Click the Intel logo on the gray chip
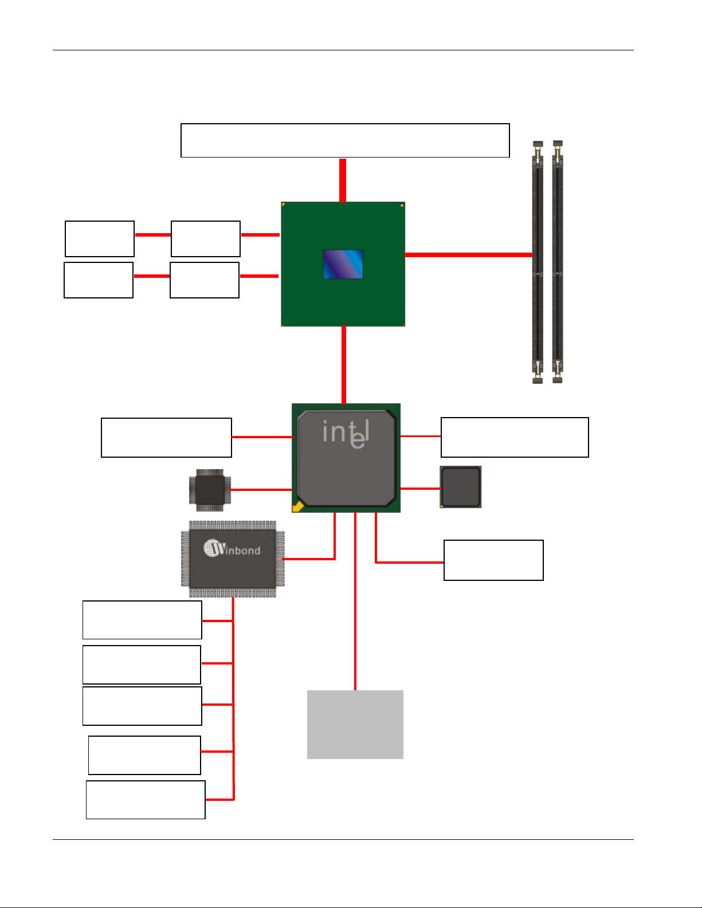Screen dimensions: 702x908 point(346,434)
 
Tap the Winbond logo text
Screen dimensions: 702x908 point(232,548)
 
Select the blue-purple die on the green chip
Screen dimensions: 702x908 point(343,264)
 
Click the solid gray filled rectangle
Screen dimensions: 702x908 point(355,724)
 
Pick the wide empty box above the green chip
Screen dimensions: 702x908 point(345,140)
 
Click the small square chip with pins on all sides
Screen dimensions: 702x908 point(210,490)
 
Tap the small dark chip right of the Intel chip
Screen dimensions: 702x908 point(461,487)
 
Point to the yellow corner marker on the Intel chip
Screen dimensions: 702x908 point(297,506)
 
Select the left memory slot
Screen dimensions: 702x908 point(538,262)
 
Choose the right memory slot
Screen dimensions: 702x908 point(558,262)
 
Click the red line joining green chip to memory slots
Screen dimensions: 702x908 point(468,254)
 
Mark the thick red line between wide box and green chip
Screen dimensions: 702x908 point(343,180)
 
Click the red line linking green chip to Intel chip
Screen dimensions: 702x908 point(344,365)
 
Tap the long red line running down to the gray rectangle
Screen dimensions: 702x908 point(355,602)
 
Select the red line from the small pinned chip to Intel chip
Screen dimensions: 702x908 point(261,490)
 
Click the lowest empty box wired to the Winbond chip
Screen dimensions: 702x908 point(146,799)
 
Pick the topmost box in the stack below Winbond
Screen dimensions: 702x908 point(142,620)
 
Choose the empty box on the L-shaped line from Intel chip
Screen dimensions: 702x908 point(493,560)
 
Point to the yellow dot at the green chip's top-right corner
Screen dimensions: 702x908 point(402,206)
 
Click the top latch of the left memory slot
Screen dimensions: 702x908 point(538,144)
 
